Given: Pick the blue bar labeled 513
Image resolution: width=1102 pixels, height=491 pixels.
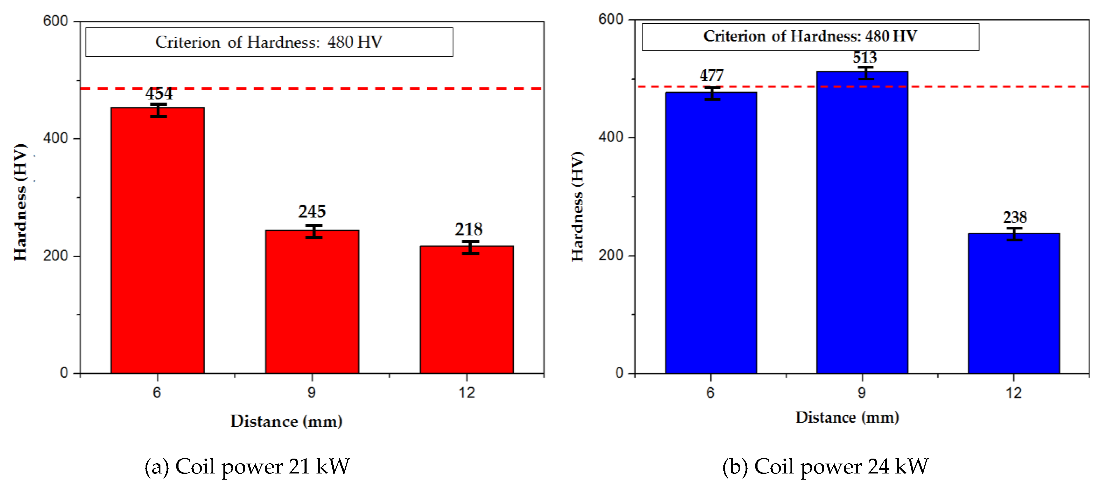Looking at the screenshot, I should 862,223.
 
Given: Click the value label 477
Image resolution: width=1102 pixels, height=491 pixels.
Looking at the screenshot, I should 711,76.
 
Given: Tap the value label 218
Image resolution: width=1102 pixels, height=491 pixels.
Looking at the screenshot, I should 468,229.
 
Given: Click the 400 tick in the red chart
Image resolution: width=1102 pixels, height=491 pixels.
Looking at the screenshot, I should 56,138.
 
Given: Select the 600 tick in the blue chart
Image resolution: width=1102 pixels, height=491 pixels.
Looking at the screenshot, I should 611,19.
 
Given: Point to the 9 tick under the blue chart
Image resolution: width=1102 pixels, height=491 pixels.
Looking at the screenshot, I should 862,393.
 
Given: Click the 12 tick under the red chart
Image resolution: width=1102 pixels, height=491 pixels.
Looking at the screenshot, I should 467,393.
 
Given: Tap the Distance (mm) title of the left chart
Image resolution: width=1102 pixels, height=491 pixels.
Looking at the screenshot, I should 286,421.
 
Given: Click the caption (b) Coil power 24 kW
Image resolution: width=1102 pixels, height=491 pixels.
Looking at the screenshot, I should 825,466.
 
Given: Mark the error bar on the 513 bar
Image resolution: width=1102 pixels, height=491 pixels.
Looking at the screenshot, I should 866,73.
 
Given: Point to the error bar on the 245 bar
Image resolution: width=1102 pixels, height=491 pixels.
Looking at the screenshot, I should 314,231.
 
